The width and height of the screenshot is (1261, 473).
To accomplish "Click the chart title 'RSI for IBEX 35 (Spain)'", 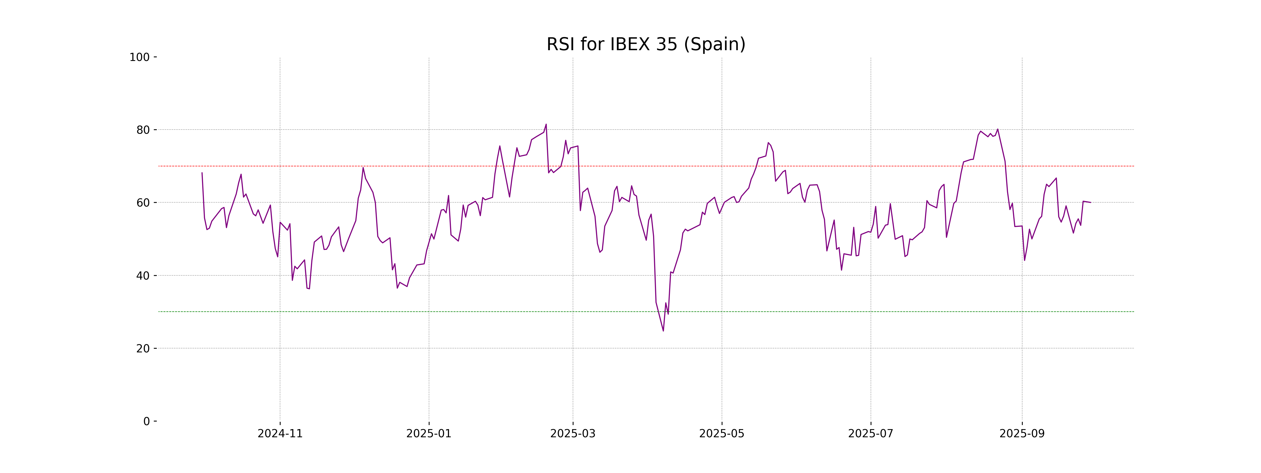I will [646, 44].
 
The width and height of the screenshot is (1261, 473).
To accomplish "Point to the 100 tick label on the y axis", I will [139, 57].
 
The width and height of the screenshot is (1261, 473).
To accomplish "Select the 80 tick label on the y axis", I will [143, 130].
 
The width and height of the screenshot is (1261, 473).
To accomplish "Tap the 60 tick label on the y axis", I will [143, 203].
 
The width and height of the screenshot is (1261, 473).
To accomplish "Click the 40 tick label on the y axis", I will [143, 276].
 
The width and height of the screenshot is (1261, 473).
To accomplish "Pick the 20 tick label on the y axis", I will [143, 349].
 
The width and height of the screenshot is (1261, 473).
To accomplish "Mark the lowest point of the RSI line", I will [663, 331].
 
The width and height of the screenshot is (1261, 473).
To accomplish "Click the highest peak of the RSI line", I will [546, 124].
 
